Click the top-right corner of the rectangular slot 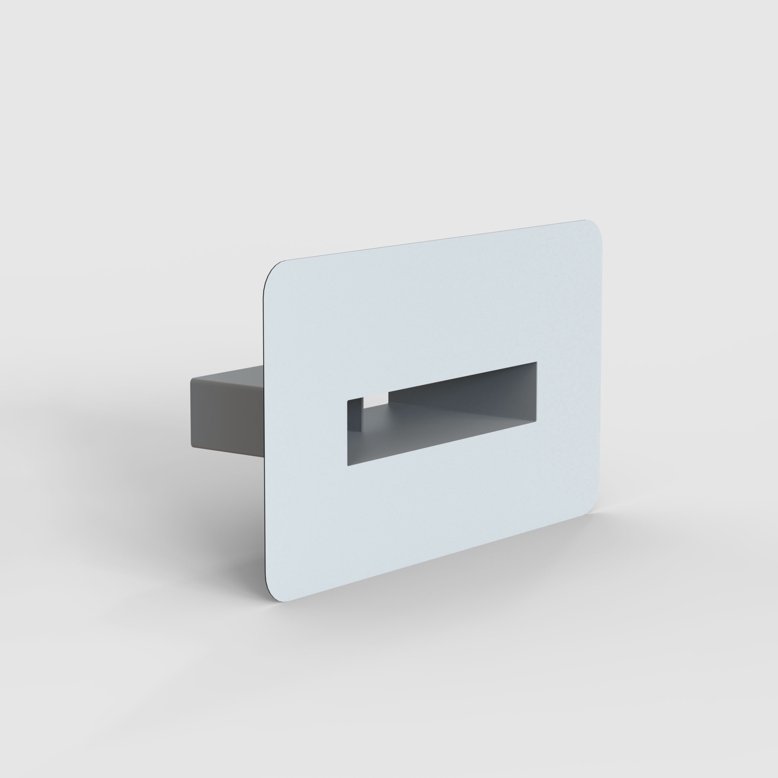(536, 362)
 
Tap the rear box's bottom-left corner (192, 446)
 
